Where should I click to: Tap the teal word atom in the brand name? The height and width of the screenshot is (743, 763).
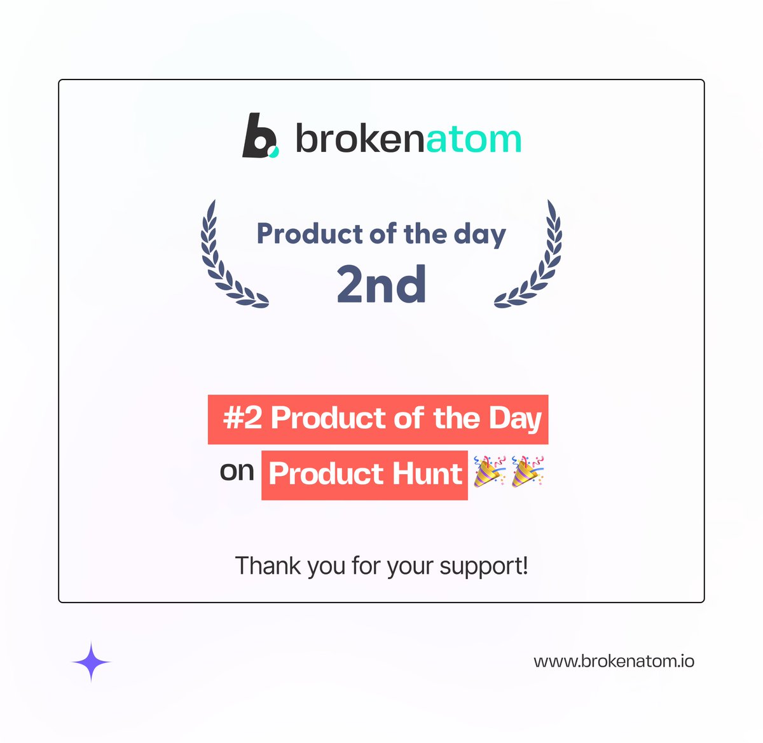[474, 139]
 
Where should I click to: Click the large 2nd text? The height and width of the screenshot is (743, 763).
[381, 284]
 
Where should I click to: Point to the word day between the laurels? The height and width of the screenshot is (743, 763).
[479, 235]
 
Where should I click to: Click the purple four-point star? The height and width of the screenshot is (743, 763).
[91, 662]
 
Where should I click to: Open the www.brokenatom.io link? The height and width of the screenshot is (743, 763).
[614, 661]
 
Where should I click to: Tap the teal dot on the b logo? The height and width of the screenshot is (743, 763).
[273, 151]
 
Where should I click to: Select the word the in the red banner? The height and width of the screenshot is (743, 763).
[457, 419]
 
